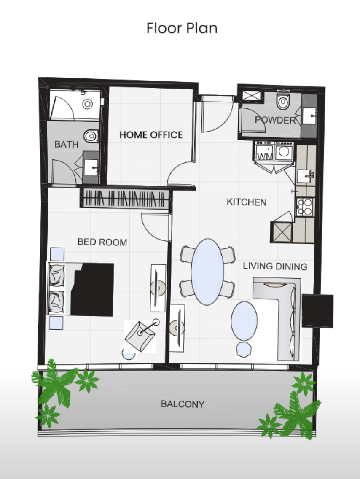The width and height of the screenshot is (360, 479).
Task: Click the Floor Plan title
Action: (182, 28)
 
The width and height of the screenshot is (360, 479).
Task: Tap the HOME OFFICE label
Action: (151, 135)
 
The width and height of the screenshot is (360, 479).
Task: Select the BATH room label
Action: (66, 144)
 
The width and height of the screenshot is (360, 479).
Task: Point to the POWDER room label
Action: (275, 120)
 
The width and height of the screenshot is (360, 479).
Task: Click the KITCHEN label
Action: (247, 202)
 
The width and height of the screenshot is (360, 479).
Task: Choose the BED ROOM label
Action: (102, 242)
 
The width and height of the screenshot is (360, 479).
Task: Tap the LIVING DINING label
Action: (275, 266)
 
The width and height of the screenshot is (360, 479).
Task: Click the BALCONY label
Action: (182, 404)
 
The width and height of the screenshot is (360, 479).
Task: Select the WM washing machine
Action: (263, 151)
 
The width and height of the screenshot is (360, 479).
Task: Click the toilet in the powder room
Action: (283, 100)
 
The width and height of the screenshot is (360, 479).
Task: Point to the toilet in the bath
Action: (91, 136)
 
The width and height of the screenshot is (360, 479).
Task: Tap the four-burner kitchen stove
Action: (304, 207)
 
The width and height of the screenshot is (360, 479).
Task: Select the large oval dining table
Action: (208, 272)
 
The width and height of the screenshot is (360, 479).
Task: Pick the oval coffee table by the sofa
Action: (244, 321)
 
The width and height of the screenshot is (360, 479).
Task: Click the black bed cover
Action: (92, 289)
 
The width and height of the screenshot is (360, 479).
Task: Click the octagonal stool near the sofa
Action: (244, 350)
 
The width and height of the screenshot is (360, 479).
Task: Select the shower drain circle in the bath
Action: (88, 104)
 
